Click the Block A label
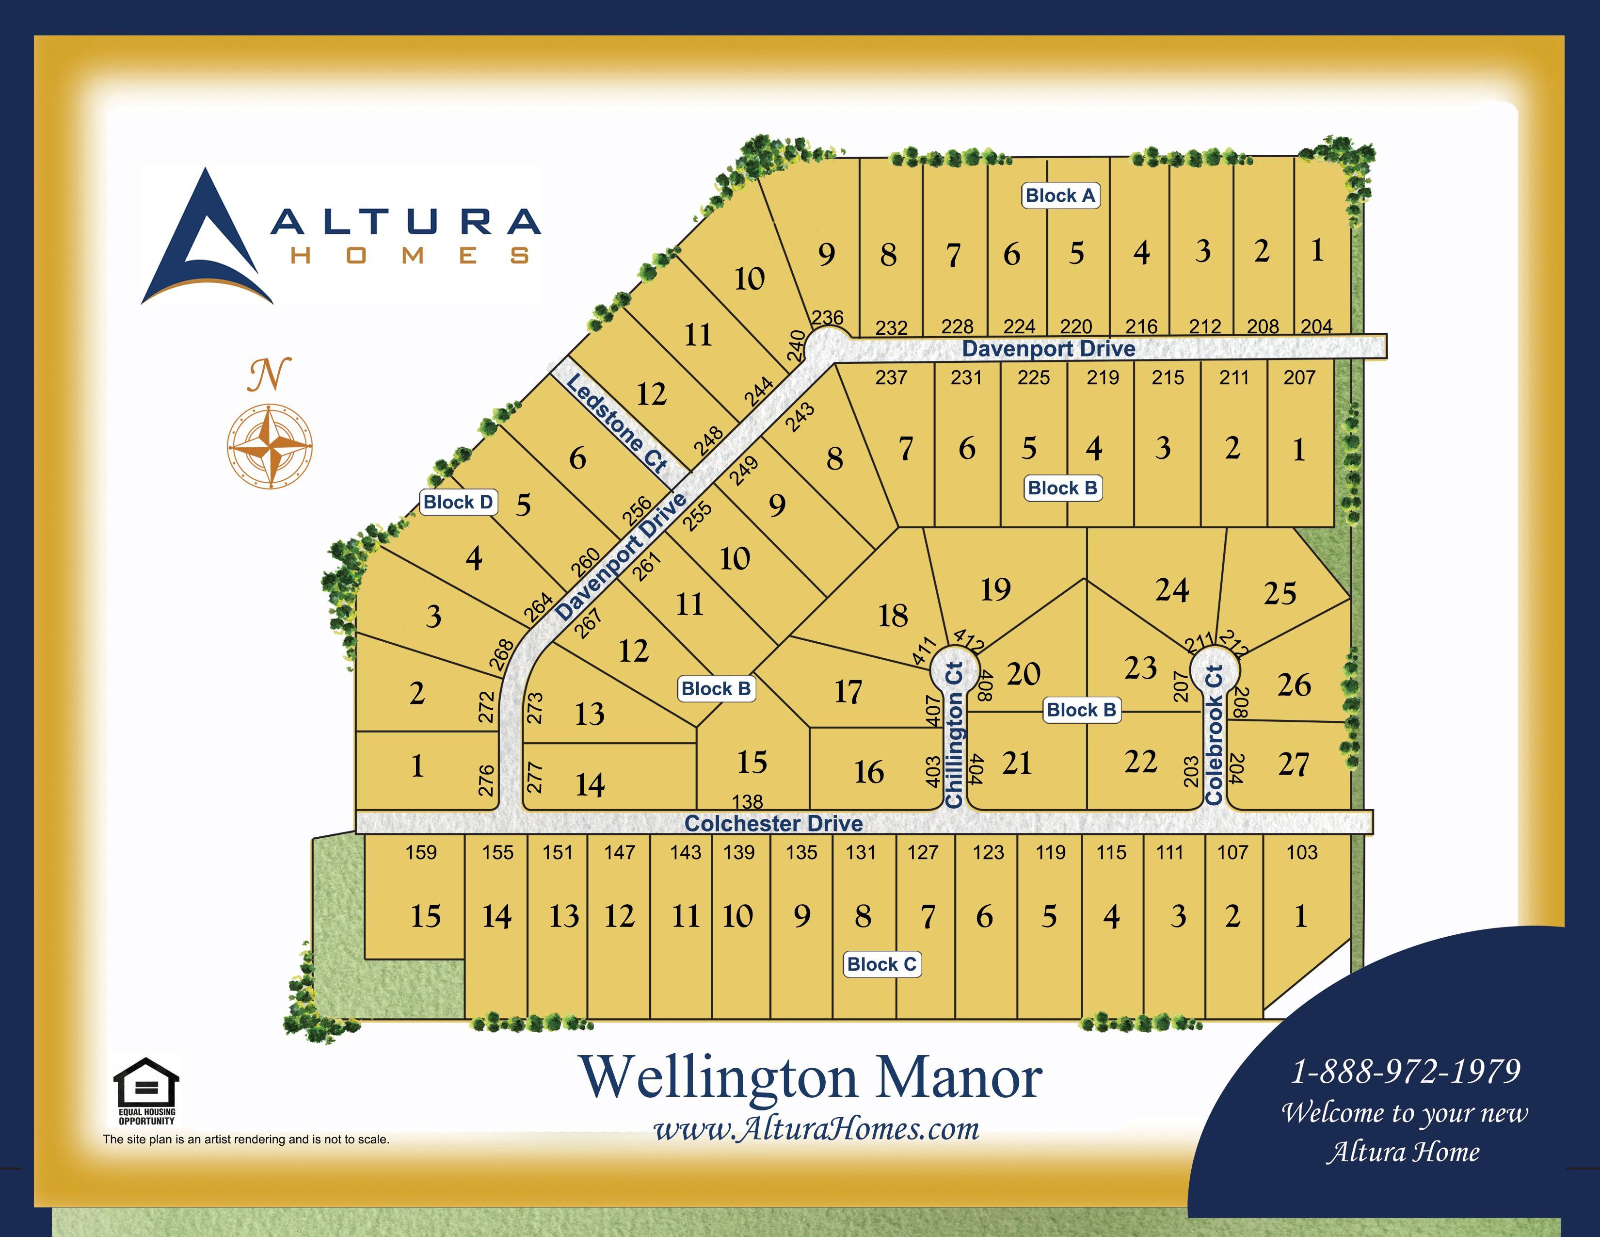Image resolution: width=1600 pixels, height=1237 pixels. click(1060, 195)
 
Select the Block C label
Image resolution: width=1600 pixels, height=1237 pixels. click(881, 964)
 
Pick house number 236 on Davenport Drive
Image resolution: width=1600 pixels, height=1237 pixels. click(828, 317)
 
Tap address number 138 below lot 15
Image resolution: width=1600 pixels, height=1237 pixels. click(747, 802)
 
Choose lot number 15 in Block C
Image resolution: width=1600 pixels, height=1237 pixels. click(425, 916)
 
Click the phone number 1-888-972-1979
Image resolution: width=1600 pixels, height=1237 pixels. click(1405, 1072)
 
